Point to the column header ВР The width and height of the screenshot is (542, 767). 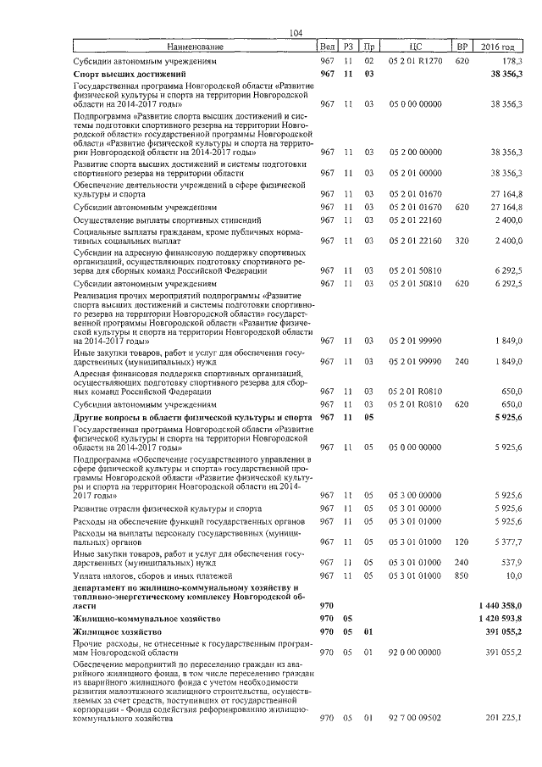(462, 46)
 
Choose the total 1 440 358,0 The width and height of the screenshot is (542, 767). (499, 605)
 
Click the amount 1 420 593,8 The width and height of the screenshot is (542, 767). (499, 619)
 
